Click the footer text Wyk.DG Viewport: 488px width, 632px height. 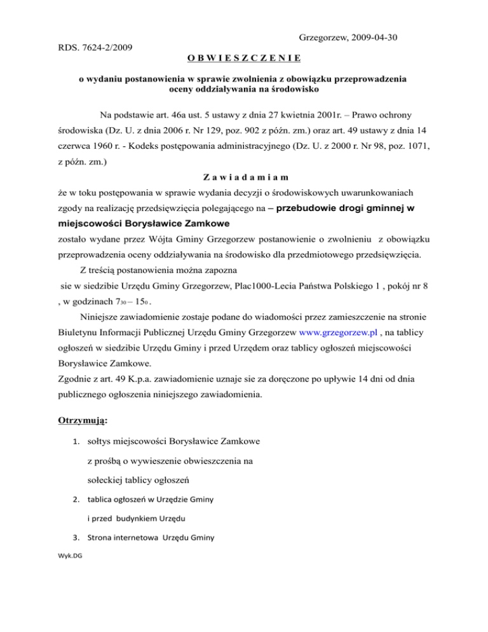tap(70, 556)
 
